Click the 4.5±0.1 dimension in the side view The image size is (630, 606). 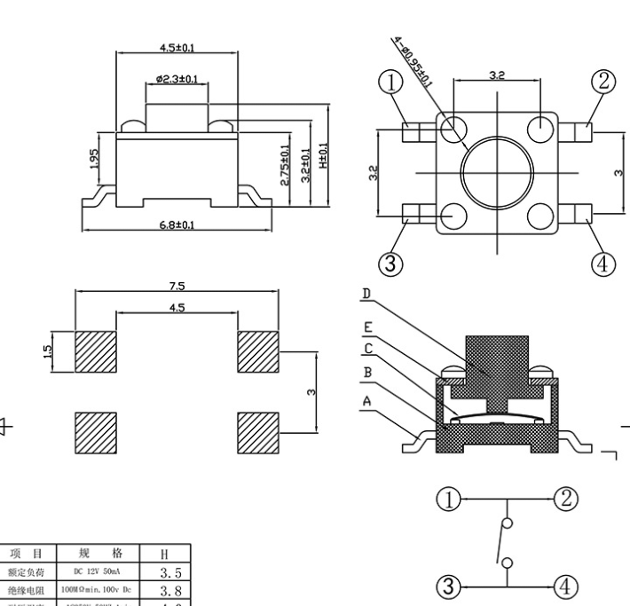177,47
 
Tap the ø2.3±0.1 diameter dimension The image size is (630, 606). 177,80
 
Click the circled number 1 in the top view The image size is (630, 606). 391,83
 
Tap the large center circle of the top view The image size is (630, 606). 498,169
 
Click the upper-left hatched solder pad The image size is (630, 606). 96,352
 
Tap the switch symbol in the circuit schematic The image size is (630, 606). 504,540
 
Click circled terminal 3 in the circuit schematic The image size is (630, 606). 451,585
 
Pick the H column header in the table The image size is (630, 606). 164,554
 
